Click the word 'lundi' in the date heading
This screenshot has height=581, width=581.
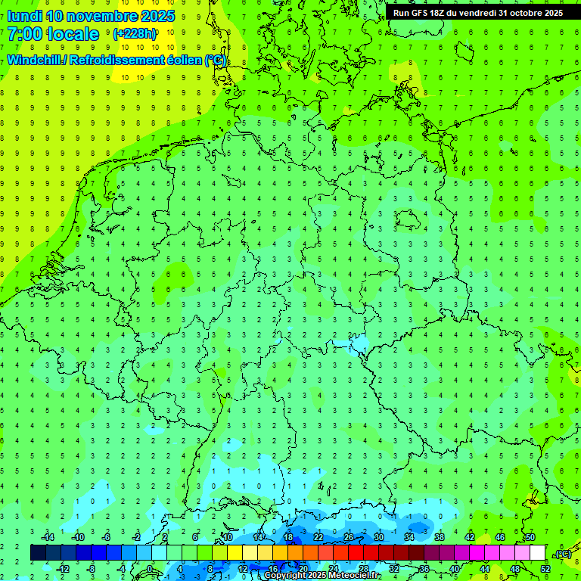[25, 16]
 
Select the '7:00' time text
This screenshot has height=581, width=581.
[23, 34]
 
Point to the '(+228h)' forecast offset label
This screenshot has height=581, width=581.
[135, 34]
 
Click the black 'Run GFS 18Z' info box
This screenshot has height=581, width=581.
[478, 12]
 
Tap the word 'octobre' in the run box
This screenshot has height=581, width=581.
[522, 12]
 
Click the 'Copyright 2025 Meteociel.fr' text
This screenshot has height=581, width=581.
[322, 576]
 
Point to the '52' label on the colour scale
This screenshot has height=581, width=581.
[545, 569]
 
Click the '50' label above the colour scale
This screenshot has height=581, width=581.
[530, 537]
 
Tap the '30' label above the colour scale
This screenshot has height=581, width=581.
[378, 537]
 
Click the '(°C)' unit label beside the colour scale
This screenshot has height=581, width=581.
[564, 554]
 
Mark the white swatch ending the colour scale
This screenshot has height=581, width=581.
[537, 553]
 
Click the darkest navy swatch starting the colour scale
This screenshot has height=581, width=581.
[38, 553]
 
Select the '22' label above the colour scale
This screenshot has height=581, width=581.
[318, 537]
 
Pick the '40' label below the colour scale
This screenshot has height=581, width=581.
[455, 569]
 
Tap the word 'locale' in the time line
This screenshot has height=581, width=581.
[72, 34]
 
